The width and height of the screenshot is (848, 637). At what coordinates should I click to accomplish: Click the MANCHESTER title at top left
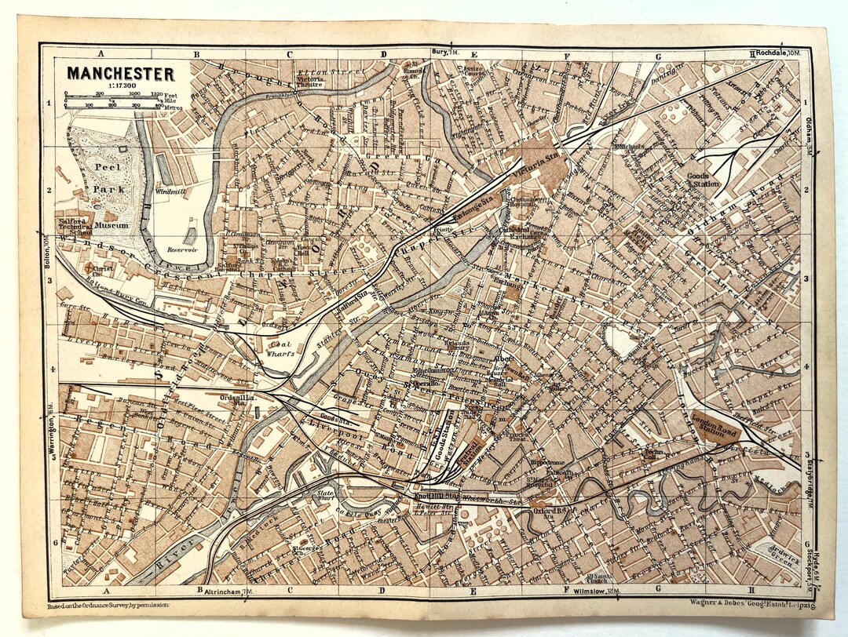[x=120, y=74]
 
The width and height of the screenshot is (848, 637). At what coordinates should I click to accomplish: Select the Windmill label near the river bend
[x=170, y=191]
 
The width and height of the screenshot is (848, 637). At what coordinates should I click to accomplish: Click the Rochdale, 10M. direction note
[x=778, y=53]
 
